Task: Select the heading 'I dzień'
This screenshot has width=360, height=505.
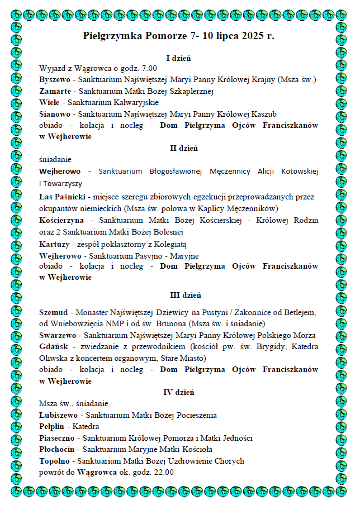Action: click(179, 58)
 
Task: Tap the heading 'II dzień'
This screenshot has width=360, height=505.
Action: click(183, 148)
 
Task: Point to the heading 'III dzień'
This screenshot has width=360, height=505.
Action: click(185, 294)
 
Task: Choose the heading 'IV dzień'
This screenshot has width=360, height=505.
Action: click(178, 392)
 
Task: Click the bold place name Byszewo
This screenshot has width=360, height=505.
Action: click(55, 79)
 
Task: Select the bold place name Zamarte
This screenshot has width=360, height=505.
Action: click(55, 90)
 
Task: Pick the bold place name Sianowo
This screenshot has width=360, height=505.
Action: click(54, 114)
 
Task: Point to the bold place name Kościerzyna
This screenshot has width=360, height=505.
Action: click(61, 220)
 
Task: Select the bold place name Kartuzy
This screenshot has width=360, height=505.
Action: click(54, 244)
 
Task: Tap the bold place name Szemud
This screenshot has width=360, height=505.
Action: click(54, 311)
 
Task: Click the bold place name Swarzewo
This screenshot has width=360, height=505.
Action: click(58, 335)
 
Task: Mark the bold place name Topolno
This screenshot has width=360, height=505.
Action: click(56, 461)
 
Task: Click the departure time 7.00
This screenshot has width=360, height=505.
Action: click(149, 68)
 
